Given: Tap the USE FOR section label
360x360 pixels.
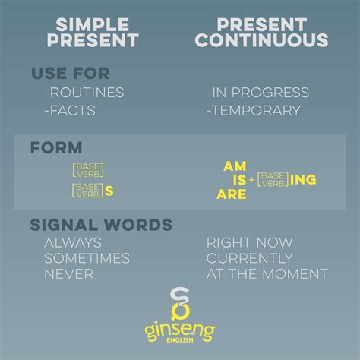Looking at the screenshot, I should [70, 74].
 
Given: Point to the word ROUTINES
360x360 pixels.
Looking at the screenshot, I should [84, 93].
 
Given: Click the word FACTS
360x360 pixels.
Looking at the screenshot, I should [71, 110].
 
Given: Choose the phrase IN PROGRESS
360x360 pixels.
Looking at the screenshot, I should [257, 93].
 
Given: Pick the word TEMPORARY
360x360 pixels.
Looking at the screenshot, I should [254, 110].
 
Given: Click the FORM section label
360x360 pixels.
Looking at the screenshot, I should [56, 148].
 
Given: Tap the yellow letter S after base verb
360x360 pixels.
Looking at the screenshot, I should [109, 191].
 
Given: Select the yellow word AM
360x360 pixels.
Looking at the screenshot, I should [232, 165].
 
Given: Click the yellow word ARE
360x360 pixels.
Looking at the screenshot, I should [232, 194].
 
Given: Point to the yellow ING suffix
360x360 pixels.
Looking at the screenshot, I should [302, 179].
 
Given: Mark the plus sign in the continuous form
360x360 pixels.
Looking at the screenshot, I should [251, 180].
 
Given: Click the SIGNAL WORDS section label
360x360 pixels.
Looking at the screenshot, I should [101, 225].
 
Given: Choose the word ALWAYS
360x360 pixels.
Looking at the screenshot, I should [74, 243].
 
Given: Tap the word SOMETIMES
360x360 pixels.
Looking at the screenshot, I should [88, 258].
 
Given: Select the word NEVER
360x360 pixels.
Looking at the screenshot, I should [68, 273].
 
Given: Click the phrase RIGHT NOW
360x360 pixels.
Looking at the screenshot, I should [248, 243].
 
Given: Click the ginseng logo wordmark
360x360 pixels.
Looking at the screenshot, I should [180, 331].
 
